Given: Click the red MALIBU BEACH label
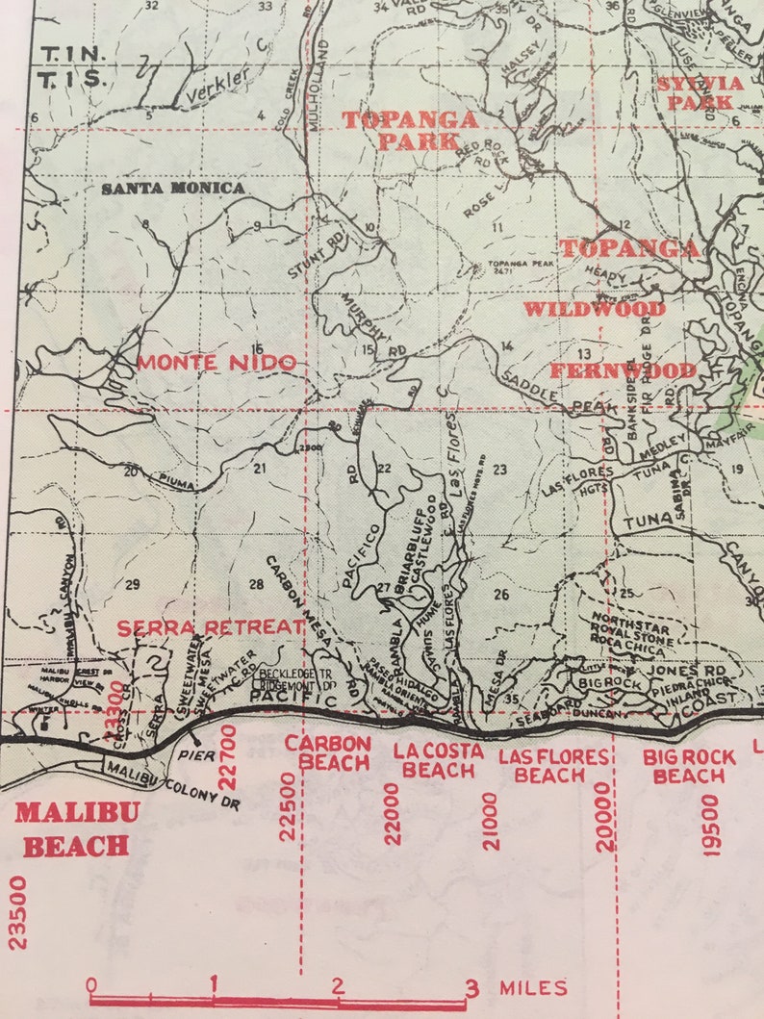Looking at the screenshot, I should tap(76, 828).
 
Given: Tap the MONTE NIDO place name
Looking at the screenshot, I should tap(216, 363).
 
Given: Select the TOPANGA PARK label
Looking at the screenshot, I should tap(411, 130).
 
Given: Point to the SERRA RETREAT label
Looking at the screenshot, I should tap(211, 627).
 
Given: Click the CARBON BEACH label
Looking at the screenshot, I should tap(327, 753).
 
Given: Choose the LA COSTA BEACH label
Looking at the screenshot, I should tap(438, 760).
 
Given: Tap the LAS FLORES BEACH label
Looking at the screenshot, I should tap(554, 765).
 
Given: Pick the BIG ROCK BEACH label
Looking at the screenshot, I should tap(689, 766).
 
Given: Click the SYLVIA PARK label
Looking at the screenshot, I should tap(700, 92).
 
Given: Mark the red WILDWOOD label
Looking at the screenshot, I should tap(594, 309).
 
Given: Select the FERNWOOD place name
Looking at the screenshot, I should tap(624, 370).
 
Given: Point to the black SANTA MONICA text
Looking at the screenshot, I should tap(173, 189).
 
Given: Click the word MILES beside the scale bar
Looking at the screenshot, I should tap(533, 987).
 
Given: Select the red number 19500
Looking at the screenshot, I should tap(711, 825).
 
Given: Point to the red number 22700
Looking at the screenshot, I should tap(228, 755).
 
